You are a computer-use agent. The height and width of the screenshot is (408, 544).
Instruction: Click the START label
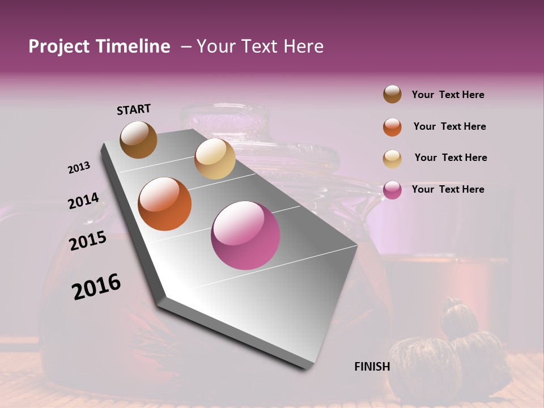tap(134, 109)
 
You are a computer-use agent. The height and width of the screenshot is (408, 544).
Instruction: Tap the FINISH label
tap(372, 367)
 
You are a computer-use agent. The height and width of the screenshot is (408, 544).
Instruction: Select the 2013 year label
tap(79, 168)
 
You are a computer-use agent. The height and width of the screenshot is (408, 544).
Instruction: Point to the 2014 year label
tap(83, 201)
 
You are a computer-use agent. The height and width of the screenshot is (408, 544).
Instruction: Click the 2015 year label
tap(88, 241)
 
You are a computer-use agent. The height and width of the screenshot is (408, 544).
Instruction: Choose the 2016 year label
tap(96, 287)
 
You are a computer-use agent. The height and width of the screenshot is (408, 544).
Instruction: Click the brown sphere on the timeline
tap(138, 139)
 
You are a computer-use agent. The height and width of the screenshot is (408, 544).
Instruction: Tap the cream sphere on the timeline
tap(215, 159)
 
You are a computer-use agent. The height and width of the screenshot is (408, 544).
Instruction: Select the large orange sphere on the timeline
tap(164, 204)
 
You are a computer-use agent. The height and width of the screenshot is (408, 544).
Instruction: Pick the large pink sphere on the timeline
tap(245, 235)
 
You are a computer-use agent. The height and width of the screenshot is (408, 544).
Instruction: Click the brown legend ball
tap(392, 95)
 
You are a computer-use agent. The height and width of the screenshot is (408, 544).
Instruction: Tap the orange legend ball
tap(392, 127)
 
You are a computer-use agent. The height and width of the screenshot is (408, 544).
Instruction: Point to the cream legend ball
tap(392, 158)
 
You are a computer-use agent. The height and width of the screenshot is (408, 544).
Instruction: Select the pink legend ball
tap(392, 190)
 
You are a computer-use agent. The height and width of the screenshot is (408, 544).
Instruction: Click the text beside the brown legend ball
tap(448, 95)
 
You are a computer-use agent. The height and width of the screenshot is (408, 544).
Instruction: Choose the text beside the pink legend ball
tap(448, 189)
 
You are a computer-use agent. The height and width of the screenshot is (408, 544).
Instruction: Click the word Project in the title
tap(59, 47)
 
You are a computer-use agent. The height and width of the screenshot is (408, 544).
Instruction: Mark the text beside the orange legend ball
tap(449, 126)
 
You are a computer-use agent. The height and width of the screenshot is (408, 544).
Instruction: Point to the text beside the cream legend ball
tap(450, 158)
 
